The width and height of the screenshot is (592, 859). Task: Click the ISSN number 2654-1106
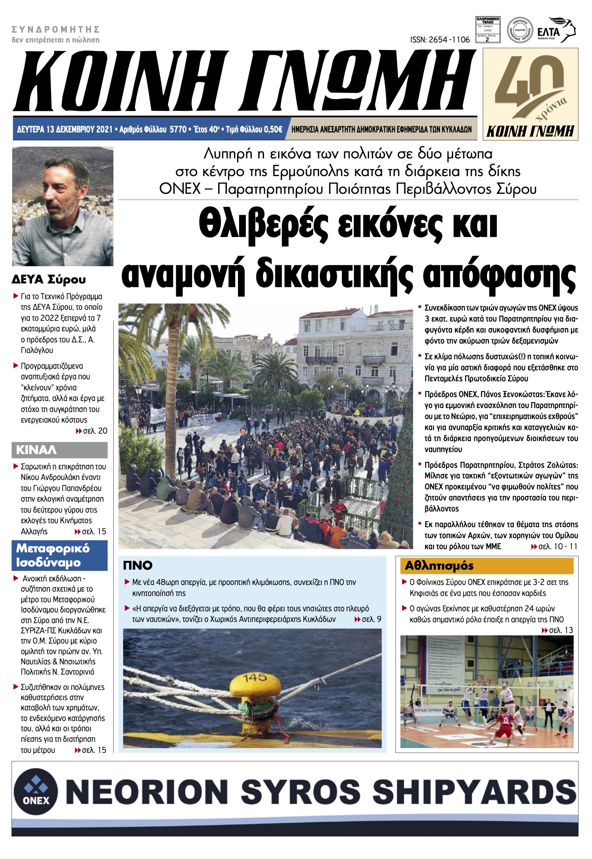pyautogui.click(x=439, y=39)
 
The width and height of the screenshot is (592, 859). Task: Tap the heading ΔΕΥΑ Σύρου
pyautogui.click(x=48, y=280)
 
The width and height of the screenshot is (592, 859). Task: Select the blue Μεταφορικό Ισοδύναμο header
pyautogui.click(x=59, y=555)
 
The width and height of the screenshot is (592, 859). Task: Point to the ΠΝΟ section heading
pyautogui.click(x=138, y=565)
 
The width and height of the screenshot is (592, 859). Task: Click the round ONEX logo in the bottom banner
pyautogui.click(x=36, y=791)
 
